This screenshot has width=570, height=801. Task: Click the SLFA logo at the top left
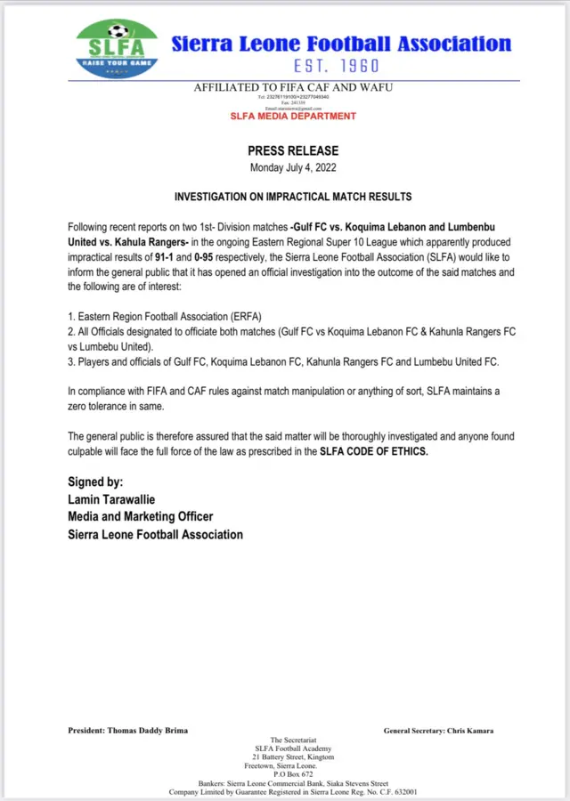[x=117, y=49]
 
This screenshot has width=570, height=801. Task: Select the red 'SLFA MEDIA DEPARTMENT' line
[x=293, y=117]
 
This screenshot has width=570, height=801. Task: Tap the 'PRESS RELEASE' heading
[x=293, y=151]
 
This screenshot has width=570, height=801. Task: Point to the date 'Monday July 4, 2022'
[x=293, y=167]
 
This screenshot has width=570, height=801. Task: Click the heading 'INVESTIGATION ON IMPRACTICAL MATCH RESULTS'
[x=293, y=196]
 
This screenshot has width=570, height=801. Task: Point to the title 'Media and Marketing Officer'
[x=141, y=517]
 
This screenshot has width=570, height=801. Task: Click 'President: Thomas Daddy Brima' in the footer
[x=127, y=731]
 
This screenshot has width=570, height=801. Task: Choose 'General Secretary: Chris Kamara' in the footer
[x=438, y=731]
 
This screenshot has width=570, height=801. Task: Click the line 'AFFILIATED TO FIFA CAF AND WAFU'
[x=293, y=87]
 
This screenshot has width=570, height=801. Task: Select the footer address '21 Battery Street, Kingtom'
[x=293, y=756]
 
